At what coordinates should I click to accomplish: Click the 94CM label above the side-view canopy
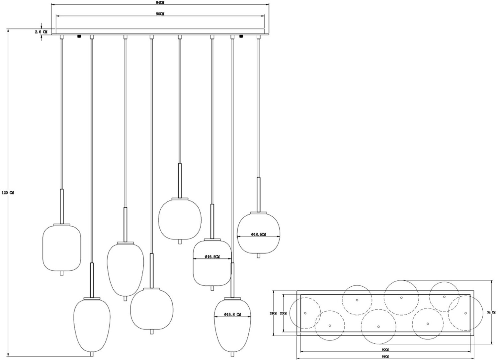point(160,2)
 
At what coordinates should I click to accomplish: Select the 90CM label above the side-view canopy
point(160,14)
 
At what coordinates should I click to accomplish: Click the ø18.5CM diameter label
point(259,234)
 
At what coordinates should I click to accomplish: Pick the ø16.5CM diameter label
point(212,256)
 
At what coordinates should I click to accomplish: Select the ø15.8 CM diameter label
point(232,314)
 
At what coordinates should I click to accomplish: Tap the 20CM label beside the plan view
point(283,313)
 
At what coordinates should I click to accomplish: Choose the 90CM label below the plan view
point(385,350)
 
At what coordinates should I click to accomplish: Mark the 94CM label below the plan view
point(385,357)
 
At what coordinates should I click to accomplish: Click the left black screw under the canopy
point(79,36)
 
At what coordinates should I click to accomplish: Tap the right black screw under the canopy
point(241,36)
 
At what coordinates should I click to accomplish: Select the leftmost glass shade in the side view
point(62,248)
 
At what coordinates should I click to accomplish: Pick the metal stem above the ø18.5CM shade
point(258,194)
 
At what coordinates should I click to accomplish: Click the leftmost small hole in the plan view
point(305,313)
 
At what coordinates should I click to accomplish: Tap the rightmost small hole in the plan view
point(465,313)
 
